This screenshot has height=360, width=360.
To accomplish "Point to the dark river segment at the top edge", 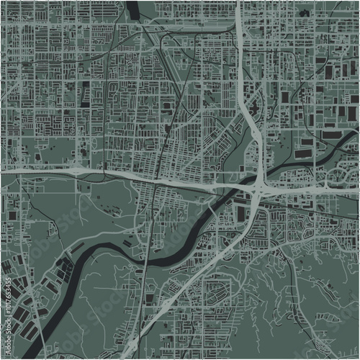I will (133, 7).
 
